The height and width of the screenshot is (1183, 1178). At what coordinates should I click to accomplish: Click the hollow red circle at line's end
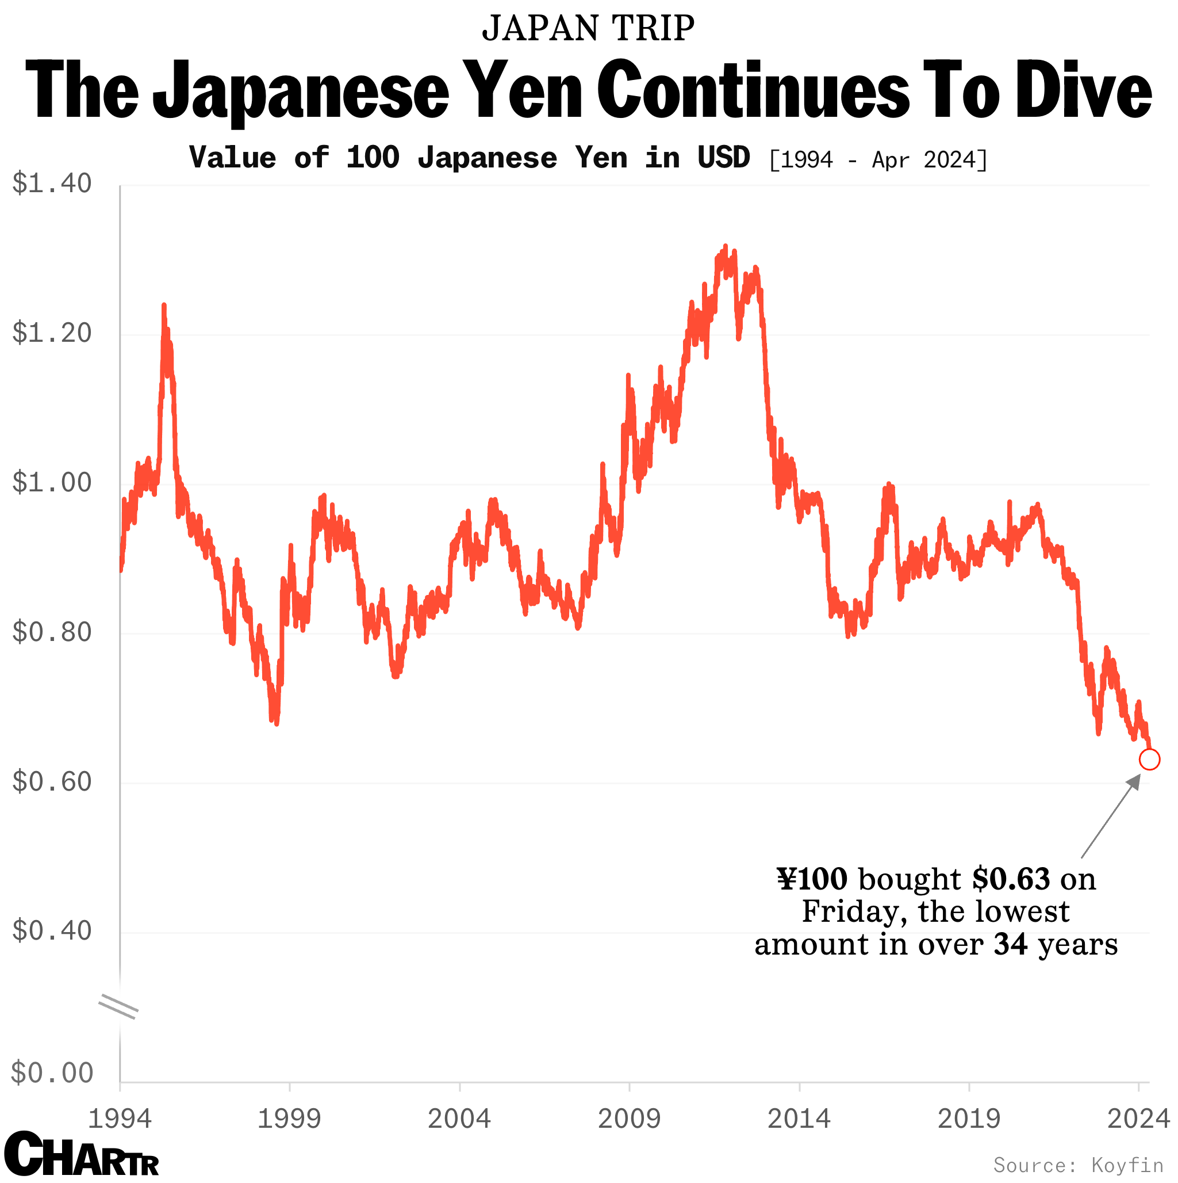pos(1149,760)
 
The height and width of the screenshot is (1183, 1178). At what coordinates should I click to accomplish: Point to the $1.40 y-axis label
pos(52,183)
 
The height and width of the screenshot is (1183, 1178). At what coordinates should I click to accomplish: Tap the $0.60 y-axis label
pos(52,782)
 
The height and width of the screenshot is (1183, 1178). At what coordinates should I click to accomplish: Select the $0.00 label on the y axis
pos(52,1073)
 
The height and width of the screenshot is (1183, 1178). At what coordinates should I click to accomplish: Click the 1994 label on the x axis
pos(120,1119)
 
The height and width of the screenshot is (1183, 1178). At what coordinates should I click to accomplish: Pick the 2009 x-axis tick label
pos(629,1119)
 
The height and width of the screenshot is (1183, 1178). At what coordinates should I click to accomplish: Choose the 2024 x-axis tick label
pos(1138,1119)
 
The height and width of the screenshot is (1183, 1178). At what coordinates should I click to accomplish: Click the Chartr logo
pos(82,1154)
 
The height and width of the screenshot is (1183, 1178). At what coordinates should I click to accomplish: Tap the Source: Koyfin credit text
pos(1079,1165)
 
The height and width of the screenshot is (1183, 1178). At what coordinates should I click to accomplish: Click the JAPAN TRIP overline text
pos(588,28)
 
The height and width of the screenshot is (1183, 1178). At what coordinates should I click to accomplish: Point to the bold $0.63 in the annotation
pos(1011,879)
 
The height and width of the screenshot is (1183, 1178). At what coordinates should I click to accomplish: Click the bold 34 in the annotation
pos(1010,944)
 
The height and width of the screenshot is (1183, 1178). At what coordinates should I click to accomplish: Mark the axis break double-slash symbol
pos(118,1008)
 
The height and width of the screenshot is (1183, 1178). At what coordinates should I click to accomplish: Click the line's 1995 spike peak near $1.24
pos(163,306)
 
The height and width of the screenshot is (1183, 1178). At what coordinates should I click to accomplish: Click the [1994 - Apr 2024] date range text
pos(877,160)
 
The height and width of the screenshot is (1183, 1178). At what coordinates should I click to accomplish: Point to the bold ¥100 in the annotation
pos(812,879)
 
